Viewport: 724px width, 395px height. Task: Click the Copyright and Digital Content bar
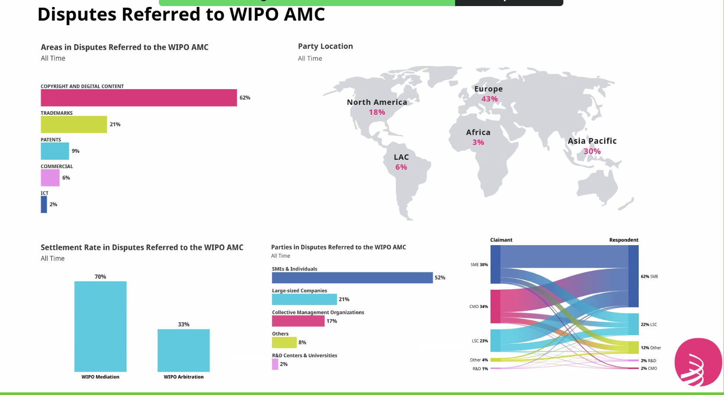[x=139, y=98]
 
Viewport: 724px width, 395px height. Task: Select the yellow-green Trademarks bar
[x=74, y=124]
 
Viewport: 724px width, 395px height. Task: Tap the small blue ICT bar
[x=44, y=204]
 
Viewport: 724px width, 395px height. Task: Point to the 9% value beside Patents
[x=75, y=151]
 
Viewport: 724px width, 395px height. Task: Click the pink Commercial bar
[x=50, y=178]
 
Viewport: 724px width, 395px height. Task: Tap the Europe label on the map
[x=488, y=89]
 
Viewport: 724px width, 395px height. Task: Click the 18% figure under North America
[x=377, y=112]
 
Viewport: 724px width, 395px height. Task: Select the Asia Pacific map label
[x=592, y=141]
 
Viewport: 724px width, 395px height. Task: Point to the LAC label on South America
[x=401, y=157]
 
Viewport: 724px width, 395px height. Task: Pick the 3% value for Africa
[x=478, y=142]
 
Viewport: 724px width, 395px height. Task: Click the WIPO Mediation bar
[x=100, y=326]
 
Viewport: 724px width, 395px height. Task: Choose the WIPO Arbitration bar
[x=184, y=350]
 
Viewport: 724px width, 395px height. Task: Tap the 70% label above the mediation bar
[x=100, y=277]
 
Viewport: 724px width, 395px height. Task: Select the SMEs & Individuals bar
[x=352, y=278]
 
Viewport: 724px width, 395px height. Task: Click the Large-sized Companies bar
[x=304, y=299]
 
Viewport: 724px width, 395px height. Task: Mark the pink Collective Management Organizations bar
[x=298, y=321]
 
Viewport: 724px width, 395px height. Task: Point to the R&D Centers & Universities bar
[x=275, y=364]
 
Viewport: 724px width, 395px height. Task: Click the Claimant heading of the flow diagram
[x=501, y=240]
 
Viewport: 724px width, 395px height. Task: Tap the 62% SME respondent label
[x=649, y=276]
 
